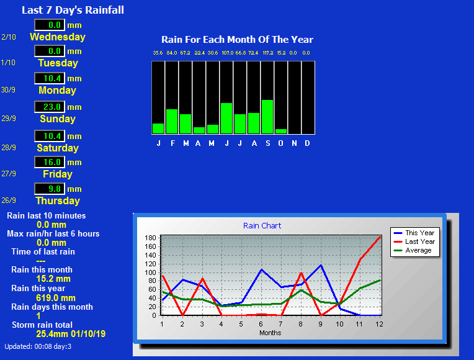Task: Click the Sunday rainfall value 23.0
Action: point(52,107)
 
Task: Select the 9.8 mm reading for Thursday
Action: point(55,189)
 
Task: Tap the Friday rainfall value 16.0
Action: point(52,162)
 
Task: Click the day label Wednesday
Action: point(58,37)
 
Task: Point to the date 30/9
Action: point(8,90)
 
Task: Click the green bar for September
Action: point(267,117)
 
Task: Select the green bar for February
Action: point(172,121)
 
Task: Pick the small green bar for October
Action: point(281,132)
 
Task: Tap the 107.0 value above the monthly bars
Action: point(227,53)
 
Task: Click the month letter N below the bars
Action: point(294,143)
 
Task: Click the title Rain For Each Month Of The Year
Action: point(237,39)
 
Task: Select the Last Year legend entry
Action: point(414,241)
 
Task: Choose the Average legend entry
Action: point(413,250)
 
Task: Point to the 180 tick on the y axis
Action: point(150,238)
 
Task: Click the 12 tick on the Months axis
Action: point(379,324)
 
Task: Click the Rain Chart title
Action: point(262,226)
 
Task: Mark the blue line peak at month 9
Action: point(321,265)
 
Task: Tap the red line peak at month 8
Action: point(301,273)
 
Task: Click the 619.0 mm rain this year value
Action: point(56,298)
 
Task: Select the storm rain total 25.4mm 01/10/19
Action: point(71,334)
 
